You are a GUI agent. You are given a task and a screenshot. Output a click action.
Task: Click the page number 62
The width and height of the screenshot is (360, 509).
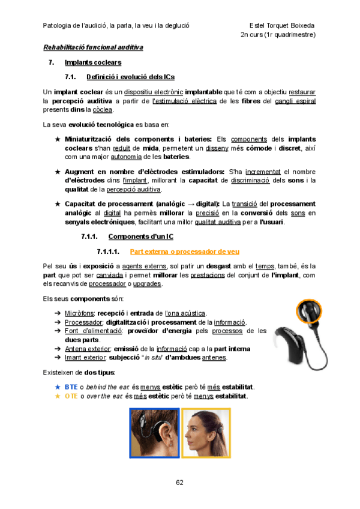pos(179,483)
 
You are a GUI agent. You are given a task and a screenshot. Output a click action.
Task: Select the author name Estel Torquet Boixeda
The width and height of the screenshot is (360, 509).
pos(282,26)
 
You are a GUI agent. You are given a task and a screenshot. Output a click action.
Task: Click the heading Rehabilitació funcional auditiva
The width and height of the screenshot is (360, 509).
pos(93,47)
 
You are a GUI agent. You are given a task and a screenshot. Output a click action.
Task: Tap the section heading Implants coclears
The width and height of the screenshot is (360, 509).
pos(92,62)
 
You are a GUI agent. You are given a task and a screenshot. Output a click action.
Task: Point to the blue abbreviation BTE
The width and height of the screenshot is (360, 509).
pos(71,388)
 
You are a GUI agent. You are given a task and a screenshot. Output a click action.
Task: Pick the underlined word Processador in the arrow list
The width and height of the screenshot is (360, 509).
pos(83,322)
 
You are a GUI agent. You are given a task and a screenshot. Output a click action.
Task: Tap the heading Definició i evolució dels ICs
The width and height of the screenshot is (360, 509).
pos(130,77)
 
